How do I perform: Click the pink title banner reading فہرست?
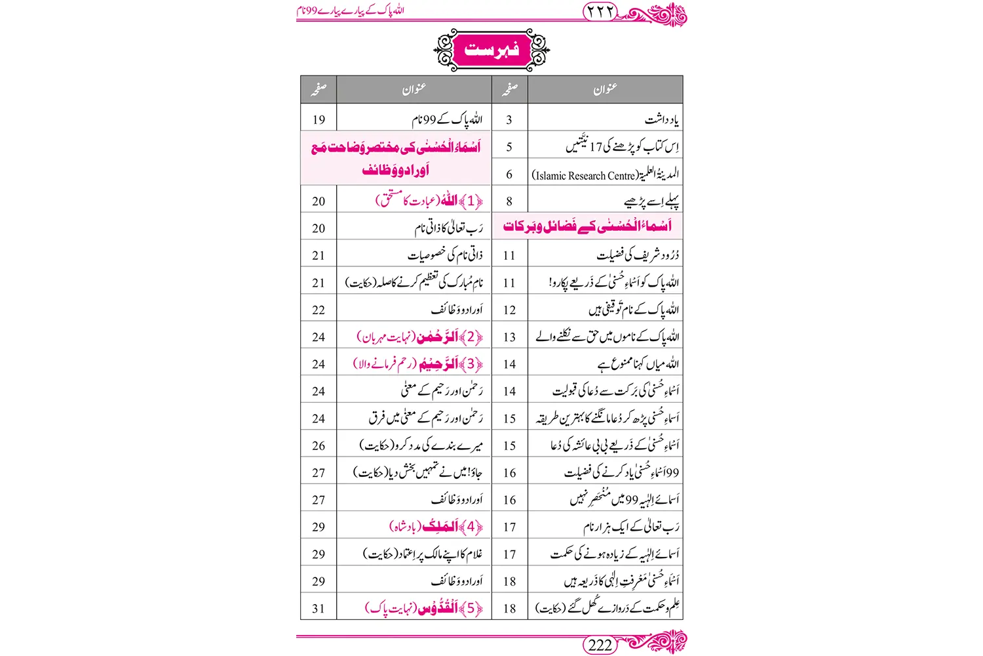coord(491,50)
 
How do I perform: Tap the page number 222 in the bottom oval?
coord(600,645)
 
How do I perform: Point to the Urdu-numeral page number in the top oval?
coord(600,11)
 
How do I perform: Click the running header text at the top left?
coord(350,11)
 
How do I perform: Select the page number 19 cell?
coord(318,119)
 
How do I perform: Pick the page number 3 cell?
coord(509,119)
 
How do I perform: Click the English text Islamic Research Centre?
coord(584,175)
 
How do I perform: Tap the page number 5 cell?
coord(509,147)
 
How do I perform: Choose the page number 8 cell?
coord(509,201)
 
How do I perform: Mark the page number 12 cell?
coord(509,310)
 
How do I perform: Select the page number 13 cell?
coord(509,337)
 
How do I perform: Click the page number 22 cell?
coord(318,310)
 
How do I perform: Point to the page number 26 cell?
coord(318,445)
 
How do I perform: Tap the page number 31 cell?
coord(318,608)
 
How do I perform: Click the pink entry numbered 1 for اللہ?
coord(429,201)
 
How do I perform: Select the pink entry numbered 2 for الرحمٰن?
coord(420,337)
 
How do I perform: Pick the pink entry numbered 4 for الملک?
coord(436,526)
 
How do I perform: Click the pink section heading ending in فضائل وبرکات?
coord(587,226)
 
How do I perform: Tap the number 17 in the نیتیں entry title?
coord(595,147)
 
